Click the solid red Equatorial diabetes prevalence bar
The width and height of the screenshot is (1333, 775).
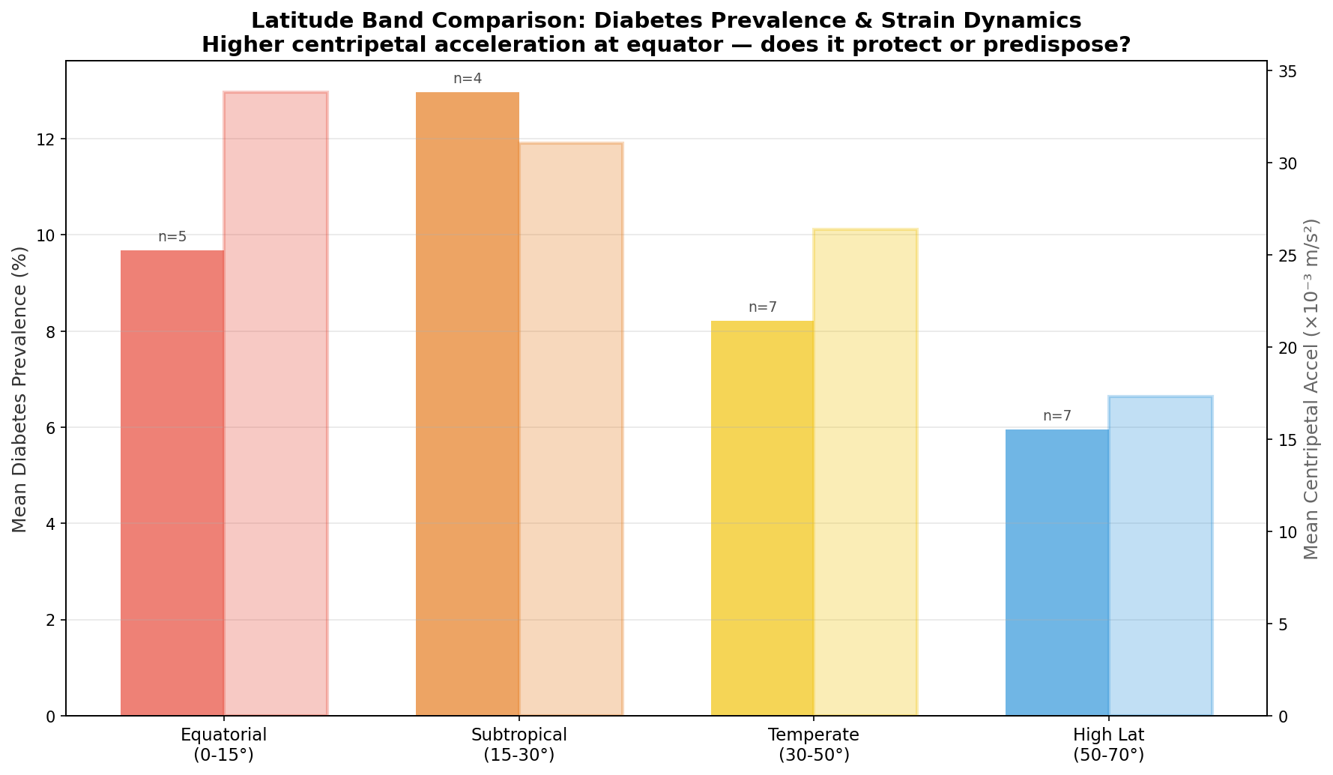[172, 483]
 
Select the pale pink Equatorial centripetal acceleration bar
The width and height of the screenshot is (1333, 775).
[276, 403]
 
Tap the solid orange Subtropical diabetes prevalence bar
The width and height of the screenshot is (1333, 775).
[468, 404]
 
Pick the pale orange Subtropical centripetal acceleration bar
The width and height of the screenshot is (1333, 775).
[571, 429]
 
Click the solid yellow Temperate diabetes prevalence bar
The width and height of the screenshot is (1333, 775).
[763, 518]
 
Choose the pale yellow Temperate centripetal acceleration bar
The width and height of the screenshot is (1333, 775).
[866, 472]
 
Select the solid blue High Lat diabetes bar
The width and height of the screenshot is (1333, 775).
[1057, 573]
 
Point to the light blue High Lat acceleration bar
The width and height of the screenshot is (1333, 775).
[1161, 555]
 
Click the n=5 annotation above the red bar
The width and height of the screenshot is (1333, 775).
[172, 237]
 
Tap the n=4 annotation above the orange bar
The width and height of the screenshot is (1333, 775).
[468, 79]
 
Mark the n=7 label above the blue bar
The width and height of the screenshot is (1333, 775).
[1057, 416]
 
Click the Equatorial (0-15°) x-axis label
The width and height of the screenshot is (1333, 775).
[224, 744]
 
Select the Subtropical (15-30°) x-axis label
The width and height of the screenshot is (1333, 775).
[519, 744]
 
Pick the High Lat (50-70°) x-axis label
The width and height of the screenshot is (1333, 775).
[1109, 744]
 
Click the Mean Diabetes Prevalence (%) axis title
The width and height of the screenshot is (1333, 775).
[20, 388]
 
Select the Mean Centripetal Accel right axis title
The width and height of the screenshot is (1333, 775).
[1311, 389]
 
